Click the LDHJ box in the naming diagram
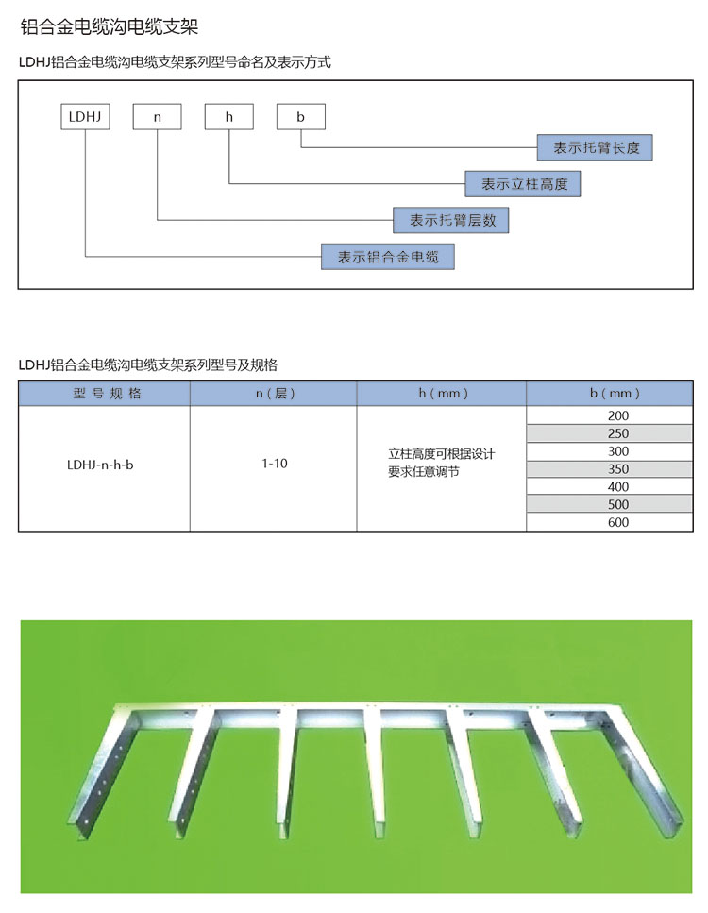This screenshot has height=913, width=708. point(85,116)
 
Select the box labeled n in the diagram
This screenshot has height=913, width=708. point(158,116)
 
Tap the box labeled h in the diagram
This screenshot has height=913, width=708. point(228,116)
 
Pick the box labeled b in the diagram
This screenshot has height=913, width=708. point(300,116)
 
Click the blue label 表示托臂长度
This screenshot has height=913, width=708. point(595,147)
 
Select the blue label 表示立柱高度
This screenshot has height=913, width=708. point(523,184)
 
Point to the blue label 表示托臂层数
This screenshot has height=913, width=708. point(450,220)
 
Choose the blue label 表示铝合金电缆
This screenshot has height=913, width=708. point(388,257)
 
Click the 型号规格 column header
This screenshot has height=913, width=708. point(107,394)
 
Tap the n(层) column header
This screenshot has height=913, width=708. point(276,394)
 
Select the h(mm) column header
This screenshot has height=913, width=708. point(443,394)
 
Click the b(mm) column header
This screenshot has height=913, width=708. point(615,394)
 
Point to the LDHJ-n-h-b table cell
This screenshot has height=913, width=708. point(100,465)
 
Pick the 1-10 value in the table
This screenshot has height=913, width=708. point(275,464)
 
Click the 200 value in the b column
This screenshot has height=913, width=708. point(618,415)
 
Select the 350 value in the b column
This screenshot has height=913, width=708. point(618,468)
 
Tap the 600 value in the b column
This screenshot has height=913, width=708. point(618,522)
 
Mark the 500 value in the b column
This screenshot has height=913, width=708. point(618,504)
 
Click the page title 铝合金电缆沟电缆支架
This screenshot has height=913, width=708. point(110,26)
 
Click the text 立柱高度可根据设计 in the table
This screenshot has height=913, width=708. point(442,453)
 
